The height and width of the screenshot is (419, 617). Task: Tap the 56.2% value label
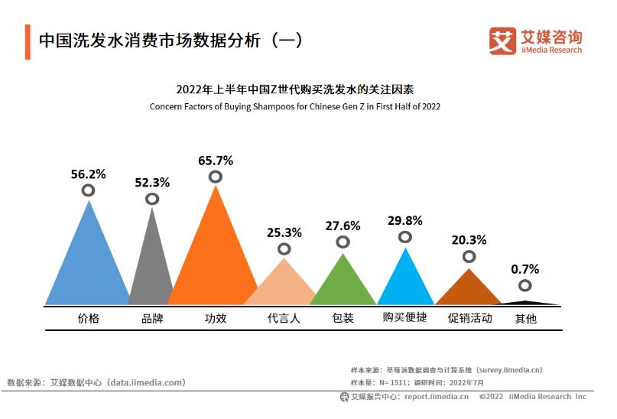(x=88, y=174)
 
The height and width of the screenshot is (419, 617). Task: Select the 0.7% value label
(x=524, y=269)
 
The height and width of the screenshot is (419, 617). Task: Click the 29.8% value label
(x=404, y=220)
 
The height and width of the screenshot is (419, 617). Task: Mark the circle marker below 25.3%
(x=284, y=249)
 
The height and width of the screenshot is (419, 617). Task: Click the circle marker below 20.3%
(x=469, y=257)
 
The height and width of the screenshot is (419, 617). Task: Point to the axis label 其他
(x=525, y=319)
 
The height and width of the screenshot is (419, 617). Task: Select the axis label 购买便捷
(x=404, y=318)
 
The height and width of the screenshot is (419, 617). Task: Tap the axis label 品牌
(x=152, y=318)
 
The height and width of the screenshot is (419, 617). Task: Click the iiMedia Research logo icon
(x=502, y=41)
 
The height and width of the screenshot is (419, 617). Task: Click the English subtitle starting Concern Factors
(x=294, y=106)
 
